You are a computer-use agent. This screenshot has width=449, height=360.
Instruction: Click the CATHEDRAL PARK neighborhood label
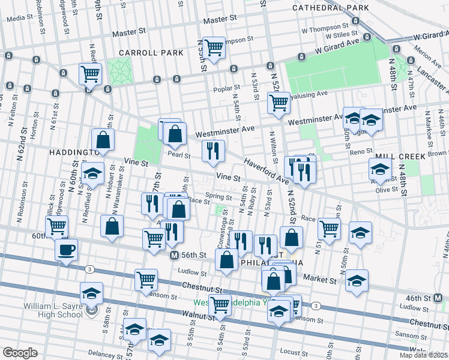coord(330,8)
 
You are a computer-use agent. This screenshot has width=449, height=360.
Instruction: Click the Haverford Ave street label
coord(265,170)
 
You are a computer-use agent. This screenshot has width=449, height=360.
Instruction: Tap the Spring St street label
coord(218,196)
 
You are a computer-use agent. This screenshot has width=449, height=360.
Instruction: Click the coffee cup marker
coord(66,250)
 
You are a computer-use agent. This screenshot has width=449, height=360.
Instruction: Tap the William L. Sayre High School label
coord(53,310)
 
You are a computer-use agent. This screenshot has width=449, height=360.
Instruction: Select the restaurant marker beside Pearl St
coord(213,151)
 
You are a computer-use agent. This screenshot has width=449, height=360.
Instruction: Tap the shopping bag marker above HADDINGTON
coord(103,140)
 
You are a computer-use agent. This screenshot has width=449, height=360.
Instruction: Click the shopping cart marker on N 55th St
coord(213,48)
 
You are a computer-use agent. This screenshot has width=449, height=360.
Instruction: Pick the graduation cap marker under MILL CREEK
coord(380,169)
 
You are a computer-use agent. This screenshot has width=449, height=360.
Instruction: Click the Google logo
coord(20,353)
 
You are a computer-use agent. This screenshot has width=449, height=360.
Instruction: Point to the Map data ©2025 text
coord(423,355)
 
